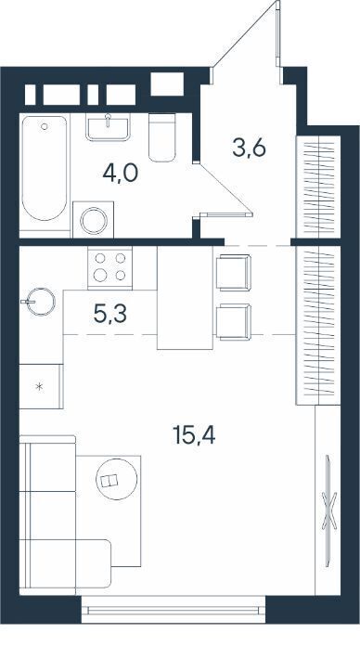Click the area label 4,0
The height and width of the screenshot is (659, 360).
(121, 174)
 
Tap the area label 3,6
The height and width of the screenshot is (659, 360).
(250, 148)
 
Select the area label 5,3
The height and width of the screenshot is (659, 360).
(110, 315)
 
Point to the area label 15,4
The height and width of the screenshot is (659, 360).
(194, 435)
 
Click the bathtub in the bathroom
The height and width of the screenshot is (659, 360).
(45, 168)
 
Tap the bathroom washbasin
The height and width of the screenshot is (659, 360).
(108, 126)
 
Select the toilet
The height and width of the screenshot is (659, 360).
(162, 137)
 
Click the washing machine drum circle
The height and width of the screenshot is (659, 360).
(94, 221)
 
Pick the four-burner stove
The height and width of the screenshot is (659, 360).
(110, 267)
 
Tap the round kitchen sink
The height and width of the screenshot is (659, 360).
(41, 302)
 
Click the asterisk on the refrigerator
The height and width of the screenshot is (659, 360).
(40, 387)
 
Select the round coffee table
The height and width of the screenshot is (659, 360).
(117, 479)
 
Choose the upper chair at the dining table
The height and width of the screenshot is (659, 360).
(233, 272)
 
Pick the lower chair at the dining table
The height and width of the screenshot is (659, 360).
(233, 322)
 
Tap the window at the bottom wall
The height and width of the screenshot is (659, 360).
(174, 610)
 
